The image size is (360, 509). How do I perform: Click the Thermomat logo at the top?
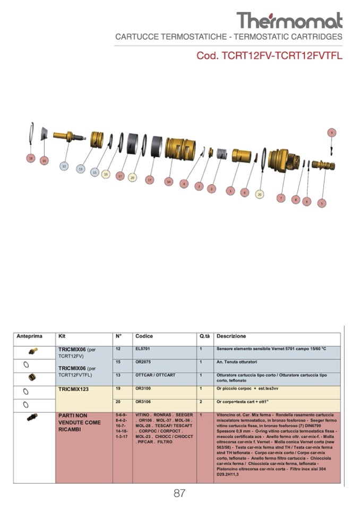(x=289, y=20)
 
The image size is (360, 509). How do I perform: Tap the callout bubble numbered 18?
(x=31, y=158)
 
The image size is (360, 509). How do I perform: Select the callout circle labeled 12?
(x=64, y=166)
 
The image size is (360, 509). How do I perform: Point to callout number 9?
(x=331, y=132)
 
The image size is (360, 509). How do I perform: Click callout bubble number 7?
(x=281, y=198)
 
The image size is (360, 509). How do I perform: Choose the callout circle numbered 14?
(x=168, y=181)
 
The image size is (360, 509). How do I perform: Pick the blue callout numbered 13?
(x=81, y=169)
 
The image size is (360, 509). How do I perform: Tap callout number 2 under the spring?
(x=211, y=188)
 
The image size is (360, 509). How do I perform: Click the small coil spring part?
(x=218, y=153)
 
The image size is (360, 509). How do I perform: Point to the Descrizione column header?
(x=232, y=337)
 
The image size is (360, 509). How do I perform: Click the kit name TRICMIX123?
(x=74, y=389)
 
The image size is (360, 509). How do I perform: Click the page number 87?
(x=179, y=494)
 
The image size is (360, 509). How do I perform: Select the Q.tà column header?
(x=205, y=337)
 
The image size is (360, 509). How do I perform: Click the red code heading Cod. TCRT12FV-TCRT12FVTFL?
(x=269, y=55)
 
